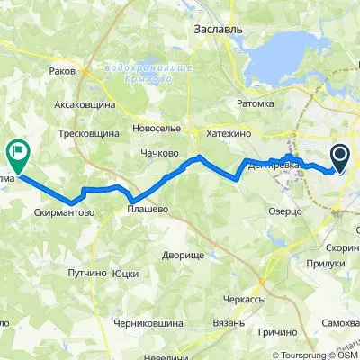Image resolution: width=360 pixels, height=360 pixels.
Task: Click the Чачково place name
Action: [x=158, y=153]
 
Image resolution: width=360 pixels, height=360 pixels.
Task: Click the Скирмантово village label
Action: [x=66, y=213]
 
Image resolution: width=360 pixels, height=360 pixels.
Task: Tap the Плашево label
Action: [x=145, y=212]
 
